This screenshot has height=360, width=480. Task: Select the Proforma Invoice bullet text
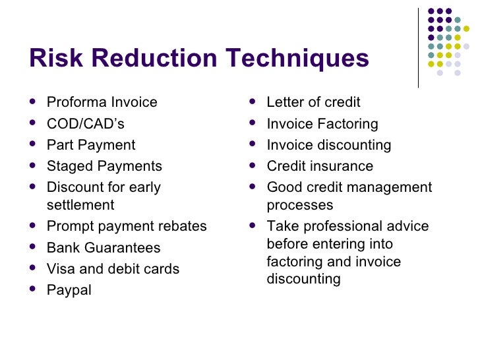(x=102, y=102)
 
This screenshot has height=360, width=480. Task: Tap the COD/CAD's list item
(x=85, y=123)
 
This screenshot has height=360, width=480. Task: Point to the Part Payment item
(x=90, y=144)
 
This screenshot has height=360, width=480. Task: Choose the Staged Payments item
(x=104, y=165)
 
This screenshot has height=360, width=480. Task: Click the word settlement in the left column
(x=80, y=204)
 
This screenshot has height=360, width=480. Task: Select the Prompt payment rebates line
(x=126, y=226)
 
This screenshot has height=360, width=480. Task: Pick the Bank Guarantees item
(x=103, y=248)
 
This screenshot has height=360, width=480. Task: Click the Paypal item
(x=69, y=290)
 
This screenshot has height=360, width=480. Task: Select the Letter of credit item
(x=313, y=102)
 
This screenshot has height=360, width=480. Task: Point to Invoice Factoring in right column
(x=322, y=123)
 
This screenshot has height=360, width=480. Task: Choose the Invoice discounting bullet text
(x=328, y=144)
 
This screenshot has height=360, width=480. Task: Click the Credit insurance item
(x=319, y=165)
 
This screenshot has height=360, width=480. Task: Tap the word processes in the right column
(x=299, y=204)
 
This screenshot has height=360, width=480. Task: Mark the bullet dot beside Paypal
(x=34, y=289)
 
